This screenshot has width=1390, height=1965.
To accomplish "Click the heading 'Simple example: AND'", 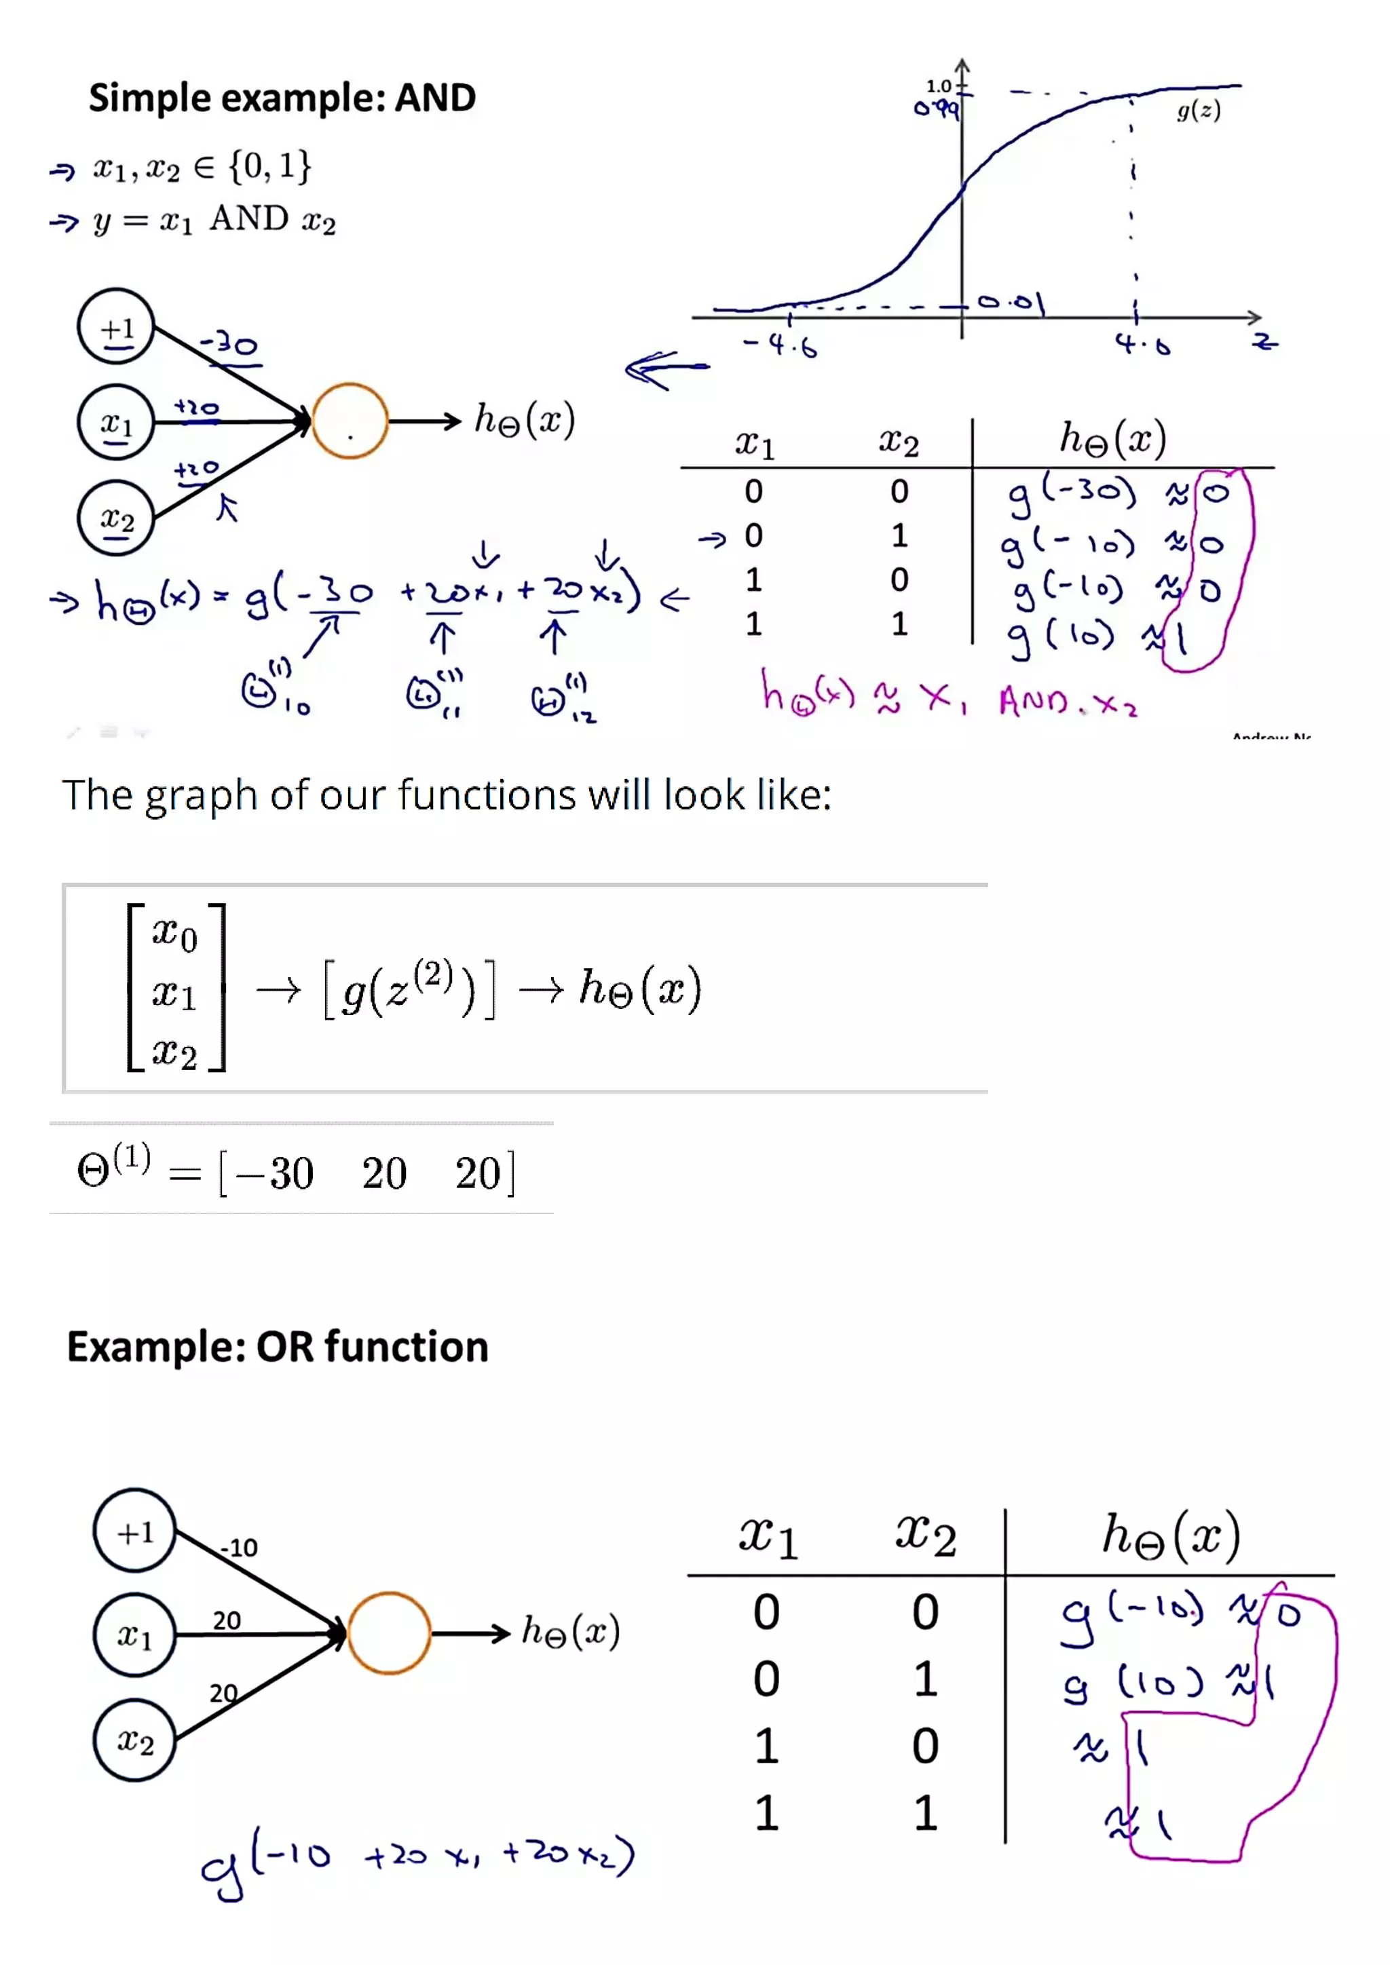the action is pos(282,98).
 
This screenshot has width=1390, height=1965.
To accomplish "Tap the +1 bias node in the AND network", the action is pos(117,327).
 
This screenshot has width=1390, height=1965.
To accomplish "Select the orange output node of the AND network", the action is pos(350,421).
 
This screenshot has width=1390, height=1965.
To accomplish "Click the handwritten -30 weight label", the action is pos(229,345).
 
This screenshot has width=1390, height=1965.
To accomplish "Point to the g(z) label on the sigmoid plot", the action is pos(1199,111).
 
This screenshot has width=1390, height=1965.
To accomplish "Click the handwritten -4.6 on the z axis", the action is pos(781,345).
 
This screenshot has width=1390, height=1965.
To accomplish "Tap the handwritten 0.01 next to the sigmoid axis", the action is pos(1012,302).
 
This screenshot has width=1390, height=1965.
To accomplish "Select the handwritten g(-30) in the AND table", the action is pos(1071,495).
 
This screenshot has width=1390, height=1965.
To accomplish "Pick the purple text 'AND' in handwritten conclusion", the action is pos(1033,703).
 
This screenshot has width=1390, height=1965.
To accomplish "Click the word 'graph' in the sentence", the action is pos(200,796).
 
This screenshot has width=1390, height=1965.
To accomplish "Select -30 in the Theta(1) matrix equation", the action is pos(275,1173).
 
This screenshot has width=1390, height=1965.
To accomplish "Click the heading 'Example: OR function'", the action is pos(278,1347).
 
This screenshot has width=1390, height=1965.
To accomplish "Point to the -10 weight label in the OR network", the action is pos(239,1547).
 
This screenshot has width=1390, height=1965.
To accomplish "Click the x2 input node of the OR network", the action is pos(134,1740).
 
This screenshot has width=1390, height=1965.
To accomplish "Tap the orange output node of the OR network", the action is pos(389,1633).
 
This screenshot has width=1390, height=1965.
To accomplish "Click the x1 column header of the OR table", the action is pos(768,1536).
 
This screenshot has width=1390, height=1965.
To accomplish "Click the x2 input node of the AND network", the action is pos(117,518).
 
